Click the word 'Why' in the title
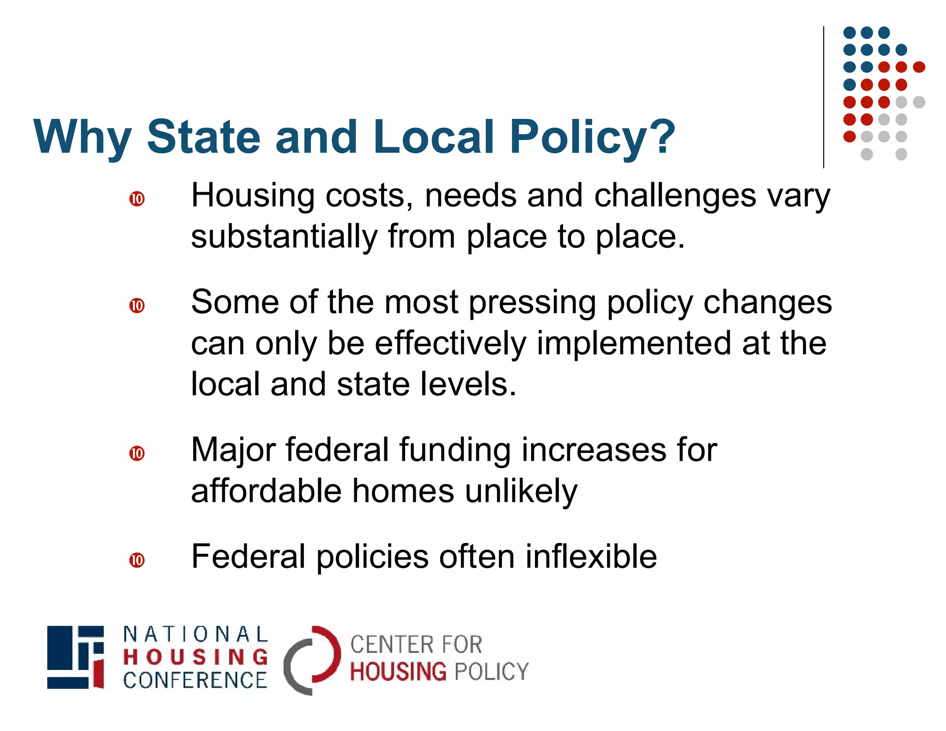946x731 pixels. click(82, 137)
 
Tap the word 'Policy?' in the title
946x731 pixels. click(592, 137)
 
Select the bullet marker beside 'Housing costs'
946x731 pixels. click(137, 199)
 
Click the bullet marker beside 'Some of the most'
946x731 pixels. click(137, 306)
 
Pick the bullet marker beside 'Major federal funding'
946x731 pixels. click(137, 453)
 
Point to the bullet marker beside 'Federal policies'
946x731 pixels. click(137, 560)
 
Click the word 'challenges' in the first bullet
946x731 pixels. click(675, 196)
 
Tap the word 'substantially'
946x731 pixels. click(284, 237)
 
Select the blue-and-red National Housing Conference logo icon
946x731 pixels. click(76, 657)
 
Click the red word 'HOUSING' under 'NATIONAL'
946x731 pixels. click(195, 657)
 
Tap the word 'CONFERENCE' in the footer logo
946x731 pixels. click(195, 680)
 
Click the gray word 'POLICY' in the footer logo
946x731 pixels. click(491, 672)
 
